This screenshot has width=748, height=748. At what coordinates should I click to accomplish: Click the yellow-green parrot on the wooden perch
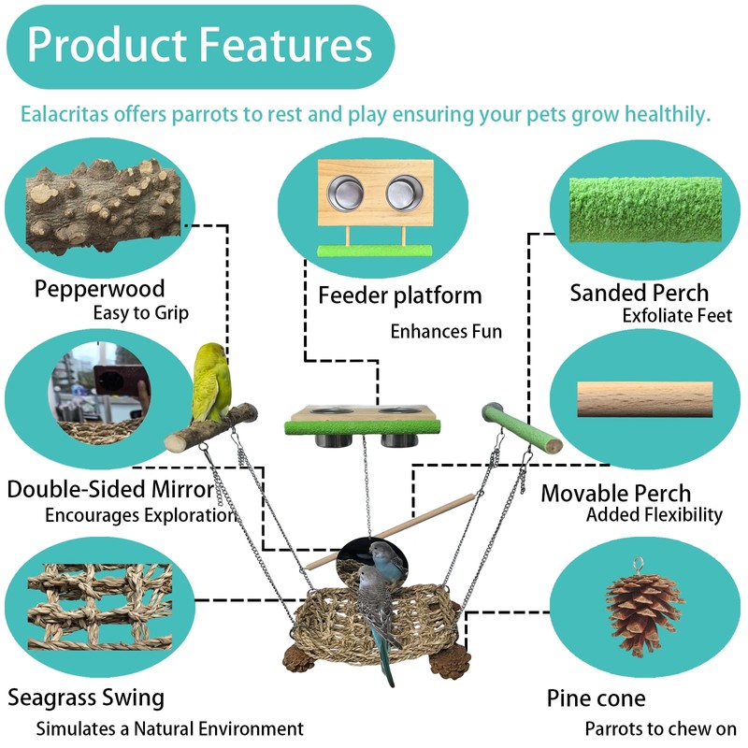[x=212, y=383]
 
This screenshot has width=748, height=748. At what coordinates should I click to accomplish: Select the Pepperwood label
[x=99, y=288]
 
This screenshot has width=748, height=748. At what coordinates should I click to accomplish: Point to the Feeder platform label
[x=399, y=295]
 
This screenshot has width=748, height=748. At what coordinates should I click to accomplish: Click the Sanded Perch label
[x=639, y=293]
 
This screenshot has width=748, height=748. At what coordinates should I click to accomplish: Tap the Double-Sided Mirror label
[x=110, y=489]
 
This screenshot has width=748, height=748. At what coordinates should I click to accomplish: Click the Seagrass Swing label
[x=86, y=697]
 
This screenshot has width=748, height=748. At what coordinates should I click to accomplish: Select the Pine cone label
[x=596, y=698]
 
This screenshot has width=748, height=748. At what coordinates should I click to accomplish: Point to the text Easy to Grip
[x=140, y=313]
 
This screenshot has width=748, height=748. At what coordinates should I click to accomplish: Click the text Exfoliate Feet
[x=677, y=316]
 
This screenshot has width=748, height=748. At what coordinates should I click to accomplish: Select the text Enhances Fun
[x=446, y=331]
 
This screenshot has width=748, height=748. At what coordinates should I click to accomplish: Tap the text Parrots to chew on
[x=661, y=728]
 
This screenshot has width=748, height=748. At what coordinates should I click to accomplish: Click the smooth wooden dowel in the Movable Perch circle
[x=644, y=399]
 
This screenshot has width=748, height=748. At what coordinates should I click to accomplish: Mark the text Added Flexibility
[x=654, y=515]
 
